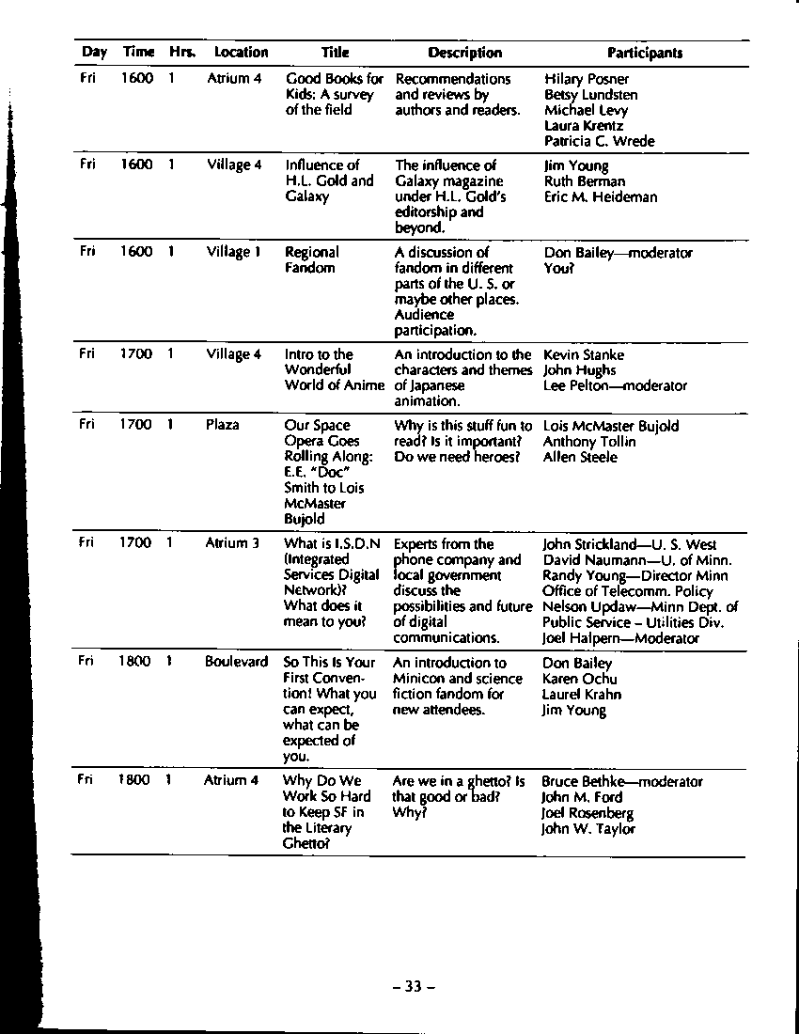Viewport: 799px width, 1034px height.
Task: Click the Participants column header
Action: (644, 54)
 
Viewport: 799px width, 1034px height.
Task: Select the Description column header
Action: (464, 54)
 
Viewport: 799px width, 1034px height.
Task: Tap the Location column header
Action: (241, 54)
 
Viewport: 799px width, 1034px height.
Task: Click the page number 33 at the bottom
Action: (414, 986)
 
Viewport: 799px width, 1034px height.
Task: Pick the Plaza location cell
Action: (223, 425)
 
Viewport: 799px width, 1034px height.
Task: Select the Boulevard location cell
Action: (236, 662)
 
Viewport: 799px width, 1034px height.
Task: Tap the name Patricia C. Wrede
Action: (599, 141)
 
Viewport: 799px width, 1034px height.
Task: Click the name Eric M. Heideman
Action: (601, 197)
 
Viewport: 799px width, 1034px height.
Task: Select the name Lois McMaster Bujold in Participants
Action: (610, 426)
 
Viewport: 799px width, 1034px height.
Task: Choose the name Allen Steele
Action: (580, 457)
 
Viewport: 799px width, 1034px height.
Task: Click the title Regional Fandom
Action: (311, 260)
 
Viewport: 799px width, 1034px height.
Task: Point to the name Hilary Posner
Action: (587, 79)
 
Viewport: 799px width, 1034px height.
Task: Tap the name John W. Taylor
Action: (587, 829)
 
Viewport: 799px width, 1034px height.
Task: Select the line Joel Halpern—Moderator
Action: (619, 638)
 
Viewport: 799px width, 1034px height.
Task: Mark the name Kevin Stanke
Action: (583, 355)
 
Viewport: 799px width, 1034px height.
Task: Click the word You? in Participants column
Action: (558, 268)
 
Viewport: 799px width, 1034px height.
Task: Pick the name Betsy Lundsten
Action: (590, 95)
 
